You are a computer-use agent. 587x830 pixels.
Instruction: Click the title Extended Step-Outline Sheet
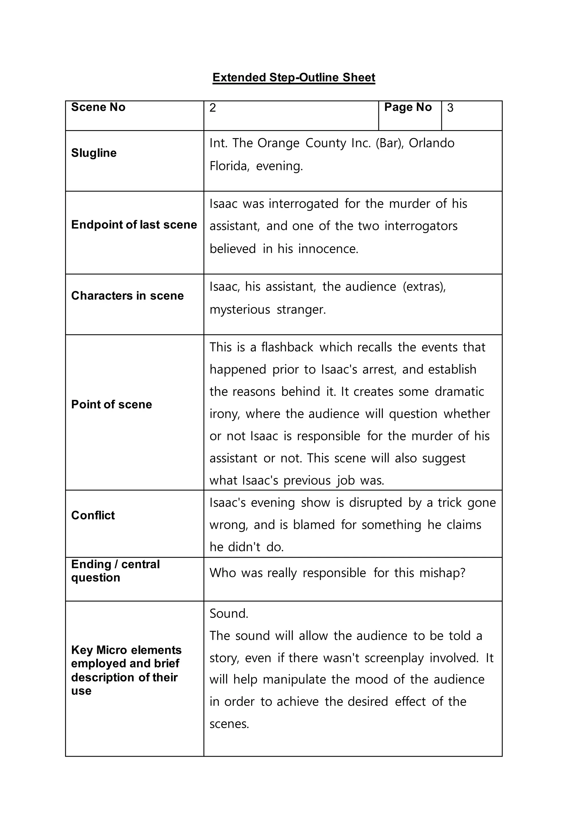pos(293,77)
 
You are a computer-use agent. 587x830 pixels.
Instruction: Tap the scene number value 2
pos(213,108)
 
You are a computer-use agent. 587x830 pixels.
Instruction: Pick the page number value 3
pos(450,108)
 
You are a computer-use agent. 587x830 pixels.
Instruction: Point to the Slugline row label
pos(94,153)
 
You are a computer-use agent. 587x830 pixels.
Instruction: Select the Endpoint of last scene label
pos(134,224)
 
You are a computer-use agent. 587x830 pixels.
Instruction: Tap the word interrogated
pos(303,204)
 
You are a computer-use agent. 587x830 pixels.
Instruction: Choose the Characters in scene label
pos(127,296)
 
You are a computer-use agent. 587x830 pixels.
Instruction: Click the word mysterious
pos(240,310)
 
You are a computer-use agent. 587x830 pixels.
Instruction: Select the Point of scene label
pos(111,404)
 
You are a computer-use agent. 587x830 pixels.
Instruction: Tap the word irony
pos(224,414)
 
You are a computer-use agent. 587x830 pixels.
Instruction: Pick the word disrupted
pos(375,503)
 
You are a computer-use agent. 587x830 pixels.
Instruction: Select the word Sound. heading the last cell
pos(229,613)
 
